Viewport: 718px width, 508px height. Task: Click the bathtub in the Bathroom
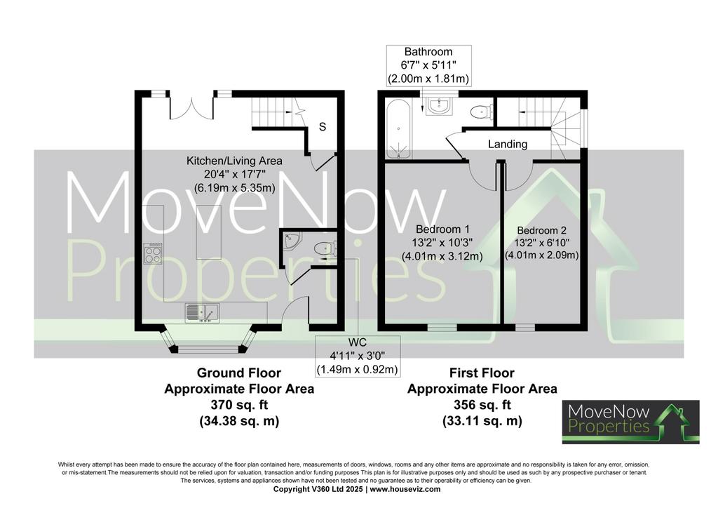coord(399,129)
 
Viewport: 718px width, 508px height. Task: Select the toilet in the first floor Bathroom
coord(481,112)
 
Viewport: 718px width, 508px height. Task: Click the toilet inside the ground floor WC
coord(326,248)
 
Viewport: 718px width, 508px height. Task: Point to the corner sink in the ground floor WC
coord(290,241)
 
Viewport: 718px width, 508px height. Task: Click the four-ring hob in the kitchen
coord(153,253)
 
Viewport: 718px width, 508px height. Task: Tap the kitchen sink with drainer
coord(202,314)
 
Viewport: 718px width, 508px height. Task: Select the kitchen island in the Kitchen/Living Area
coord(209,232)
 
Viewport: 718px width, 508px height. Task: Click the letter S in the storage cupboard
coord(323,126)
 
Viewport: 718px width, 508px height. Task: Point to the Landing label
coord(508,145)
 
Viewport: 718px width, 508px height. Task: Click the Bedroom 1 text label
coord(442,229)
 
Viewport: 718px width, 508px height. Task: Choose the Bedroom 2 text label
coord(542,230)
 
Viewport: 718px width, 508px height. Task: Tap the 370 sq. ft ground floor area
coord(239,405)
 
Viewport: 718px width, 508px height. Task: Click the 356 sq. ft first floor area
coord(482,405)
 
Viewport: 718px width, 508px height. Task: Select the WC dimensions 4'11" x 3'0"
coord(357,356)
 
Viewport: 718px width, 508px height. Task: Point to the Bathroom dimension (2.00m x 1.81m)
coord(428,79)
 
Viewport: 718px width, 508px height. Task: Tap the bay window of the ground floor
coord(208,340)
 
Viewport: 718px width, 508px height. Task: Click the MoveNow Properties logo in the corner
coord(630,422)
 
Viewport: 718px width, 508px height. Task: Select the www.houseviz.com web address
coord(405,489)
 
